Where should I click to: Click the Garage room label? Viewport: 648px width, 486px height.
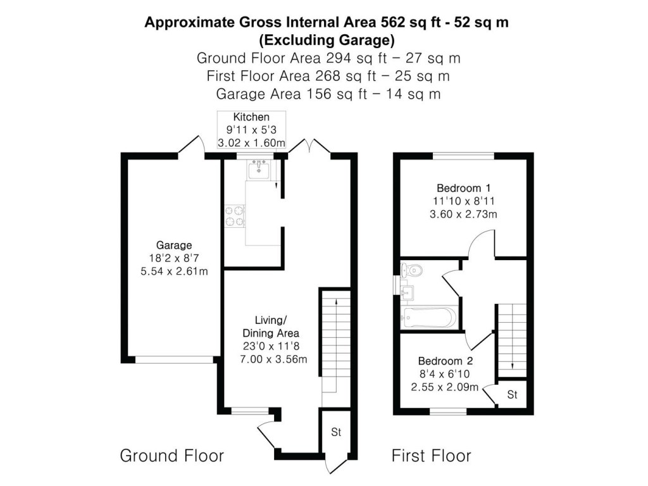(x=173, y=245)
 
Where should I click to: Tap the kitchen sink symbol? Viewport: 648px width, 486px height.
(x=259, y=169)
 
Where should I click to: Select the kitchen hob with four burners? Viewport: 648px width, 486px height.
(x=235, y=216)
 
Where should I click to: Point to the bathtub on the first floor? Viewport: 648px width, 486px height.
(x=428, y=318)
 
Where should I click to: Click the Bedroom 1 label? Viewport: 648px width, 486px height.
(x=464, y=188)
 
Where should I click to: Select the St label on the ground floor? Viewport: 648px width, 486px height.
(x=336, y=432)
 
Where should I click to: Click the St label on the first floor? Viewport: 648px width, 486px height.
(x=512, y=395)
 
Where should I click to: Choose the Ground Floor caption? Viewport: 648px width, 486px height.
(x=172, y=456)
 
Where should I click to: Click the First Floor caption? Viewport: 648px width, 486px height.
(x=432, y=456)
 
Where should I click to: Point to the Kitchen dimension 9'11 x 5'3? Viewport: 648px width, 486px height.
(x=251, y=130)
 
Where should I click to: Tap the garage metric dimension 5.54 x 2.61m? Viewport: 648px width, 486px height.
(x=174, y=271)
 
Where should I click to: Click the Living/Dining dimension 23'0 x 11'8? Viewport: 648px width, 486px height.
(x=271, y=346)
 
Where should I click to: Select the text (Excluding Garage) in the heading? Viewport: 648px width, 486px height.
(x=327, y=40)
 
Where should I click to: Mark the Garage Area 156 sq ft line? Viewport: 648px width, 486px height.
(x=328, y=94)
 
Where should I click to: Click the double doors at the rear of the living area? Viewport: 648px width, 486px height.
(x=309, y=147)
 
